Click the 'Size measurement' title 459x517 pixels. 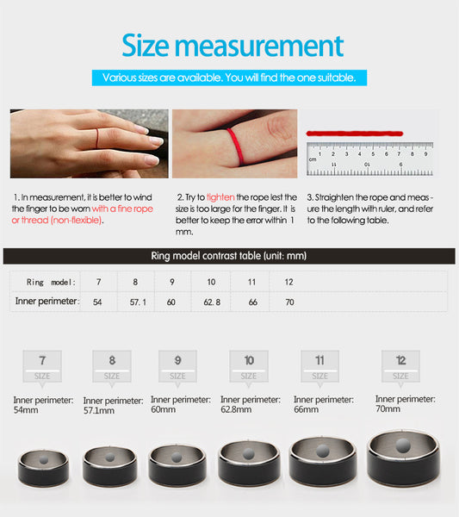232,45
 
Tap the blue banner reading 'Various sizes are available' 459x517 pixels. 229,78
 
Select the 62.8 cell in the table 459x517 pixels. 212,302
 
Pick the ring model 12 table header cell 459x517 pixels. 288,282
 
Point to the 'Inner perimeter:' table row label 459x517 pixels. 47,302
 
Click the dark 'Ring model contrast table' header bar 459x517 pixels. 229,256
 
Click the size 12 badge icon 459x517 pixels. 400,365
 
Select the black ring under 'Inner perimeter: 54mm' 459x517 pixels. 43,464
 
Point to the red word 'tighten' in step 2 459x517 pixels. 220,197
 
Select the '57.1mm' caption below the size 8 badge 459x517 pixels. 98,411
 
